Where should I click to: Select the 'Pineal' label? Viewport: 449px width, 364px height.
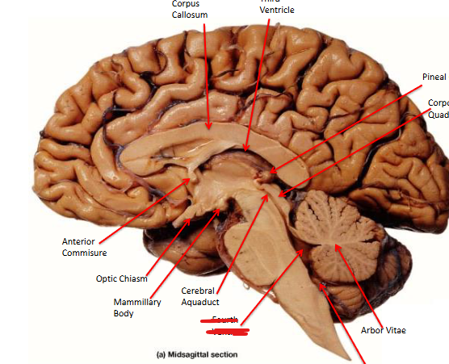434,77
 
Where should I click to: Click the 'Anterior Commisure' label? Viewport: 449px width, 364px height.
84,247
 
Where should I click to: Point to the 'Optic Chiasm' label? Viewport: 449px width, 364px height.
122,278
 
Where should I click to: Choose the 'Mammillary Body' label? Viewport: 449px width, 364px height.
136,308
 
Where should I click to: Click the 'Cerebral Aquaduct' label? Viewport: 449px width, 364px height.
199,295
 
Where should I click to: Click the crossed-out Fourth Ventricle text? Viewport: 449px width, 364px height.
225,325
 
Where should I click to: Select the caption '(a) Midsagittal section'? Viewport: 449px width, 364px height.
198,354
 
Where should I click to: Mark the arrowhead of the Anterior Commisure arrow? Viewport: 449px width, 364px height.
191,178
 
